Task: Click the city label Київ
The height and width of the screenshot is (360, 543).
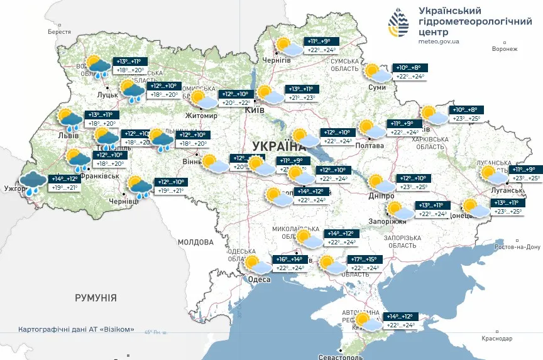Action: [254, 110]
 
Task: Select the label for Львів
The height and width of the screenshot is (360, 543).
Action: [68, 135]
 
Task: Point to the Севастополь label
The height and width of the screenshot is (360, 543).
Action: [339, 356]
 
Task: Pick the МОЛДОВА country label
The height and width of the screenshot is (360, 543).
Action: [195, 241]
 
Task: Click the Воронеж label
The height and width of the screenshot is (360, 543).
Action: [505, 48]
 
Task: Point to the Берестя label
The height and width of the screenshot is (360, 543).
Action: [59, 31]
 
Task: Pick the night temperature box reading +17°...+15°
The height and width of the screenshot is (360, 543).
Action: [364, 259]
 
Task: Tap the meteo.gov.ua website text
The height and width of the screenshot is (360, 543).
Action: [439, 41]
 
